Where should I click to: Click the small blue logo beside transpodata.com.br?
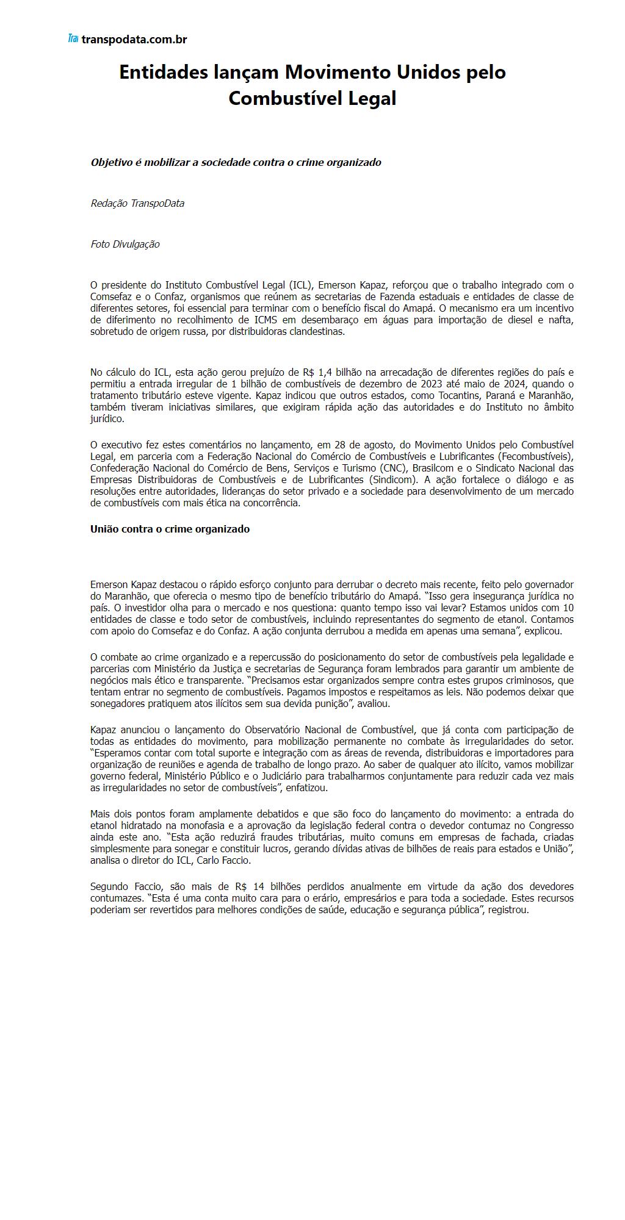73,39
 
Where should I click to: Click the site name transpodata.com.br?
134,40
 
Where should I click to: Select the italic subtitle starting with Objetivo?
236,162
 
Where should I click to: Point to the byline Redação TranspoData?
137,203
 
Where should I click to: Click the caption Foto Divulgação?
125,244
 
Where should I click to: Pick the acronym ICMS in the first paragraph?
264,320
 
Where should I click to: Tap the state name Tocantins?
458,396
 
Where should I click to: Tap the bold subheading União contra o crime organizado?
170,529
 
